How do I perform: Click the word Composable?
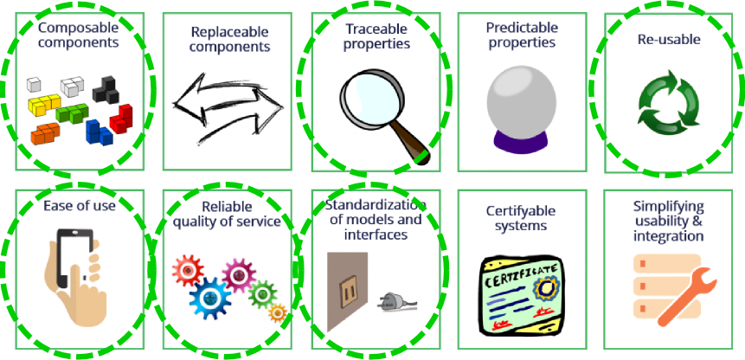coord(77,25)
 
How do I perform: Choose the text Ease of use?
coord(79,205)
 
